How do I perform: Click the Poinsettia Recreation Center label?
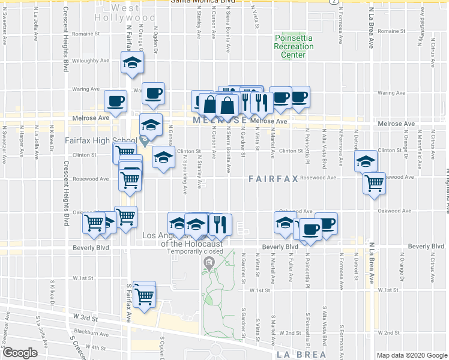coord(291,46)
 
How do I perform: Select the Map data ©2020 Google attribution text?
coord(412,355)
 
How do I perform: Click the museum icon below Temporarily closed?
coord(208,262)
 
